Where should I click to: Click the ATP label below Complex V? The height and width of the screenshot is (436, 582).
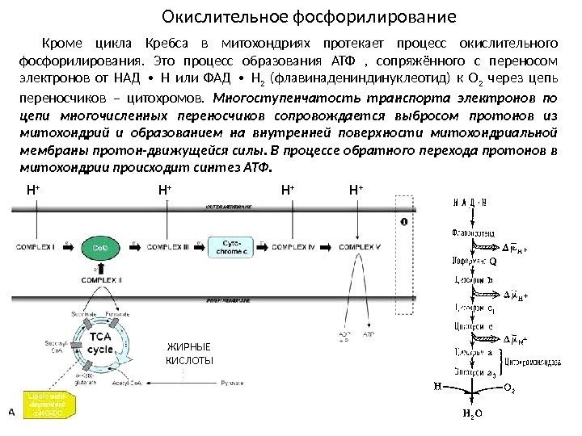368,333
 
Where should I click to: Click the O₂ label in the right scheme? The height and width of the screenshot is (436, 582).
510,388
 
